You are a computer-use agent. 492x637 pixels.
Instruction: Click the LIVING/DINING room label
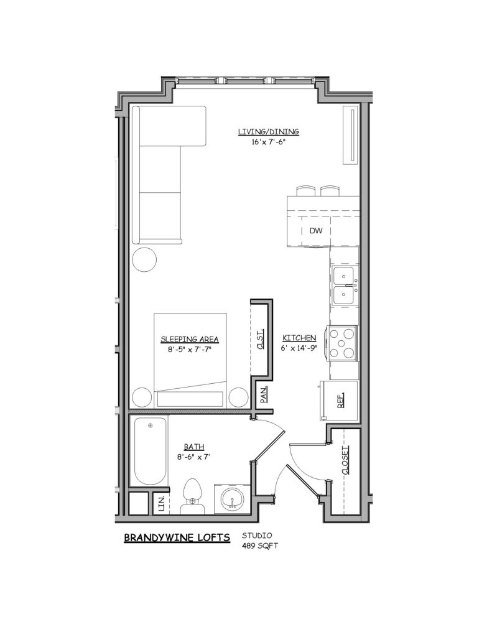click(269, 132)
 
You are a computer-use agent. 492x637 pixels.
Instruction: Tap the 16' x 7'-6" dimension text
click(269, 142)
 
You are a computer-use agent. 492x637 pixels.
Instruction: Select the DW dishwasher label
click(316, 231)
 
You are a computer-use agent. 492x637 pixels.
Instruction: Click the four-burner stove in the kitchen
click(343, 343)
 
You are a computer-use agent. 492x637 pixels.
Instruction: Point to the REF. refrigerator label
click(340, 400)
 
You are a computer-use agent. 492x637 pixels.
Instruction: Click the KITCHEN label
click(299, 338)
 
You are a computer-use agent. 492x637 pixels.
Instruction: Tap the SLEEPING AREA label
click(190, 339)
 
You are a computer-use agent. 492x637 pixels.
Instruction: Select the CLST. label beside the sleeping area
click(260, 339)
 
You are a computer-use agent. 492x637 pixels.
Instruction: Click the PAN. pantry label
click(264, 394)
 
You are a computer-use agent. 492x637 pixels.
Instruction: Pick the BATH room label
click(194, 447)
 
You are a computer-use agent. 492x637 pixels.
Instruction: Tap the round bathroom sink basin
click(232, 499)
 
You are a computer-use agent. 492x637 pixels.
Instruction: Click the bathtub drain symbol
click(151, 425)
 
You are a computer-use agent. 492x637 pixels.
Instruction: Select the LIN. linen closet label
click(161, 503)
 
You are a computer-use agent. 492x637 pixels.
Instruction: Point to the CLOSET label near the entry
click(345, 460)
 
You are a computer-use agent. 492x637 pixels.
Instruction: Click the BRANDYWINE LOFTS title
click(177, 538)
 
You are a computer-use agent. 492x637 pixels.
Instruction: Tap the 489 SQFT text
click(260, 546)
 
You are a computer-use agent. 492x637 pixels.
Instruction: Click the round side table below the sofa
click(145, 259)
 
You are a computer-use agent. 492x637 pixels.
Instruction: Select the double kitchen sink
click(345, 286)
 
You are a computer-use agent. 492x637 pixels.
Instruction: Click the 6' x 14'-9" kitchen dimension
click(299, 348)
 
